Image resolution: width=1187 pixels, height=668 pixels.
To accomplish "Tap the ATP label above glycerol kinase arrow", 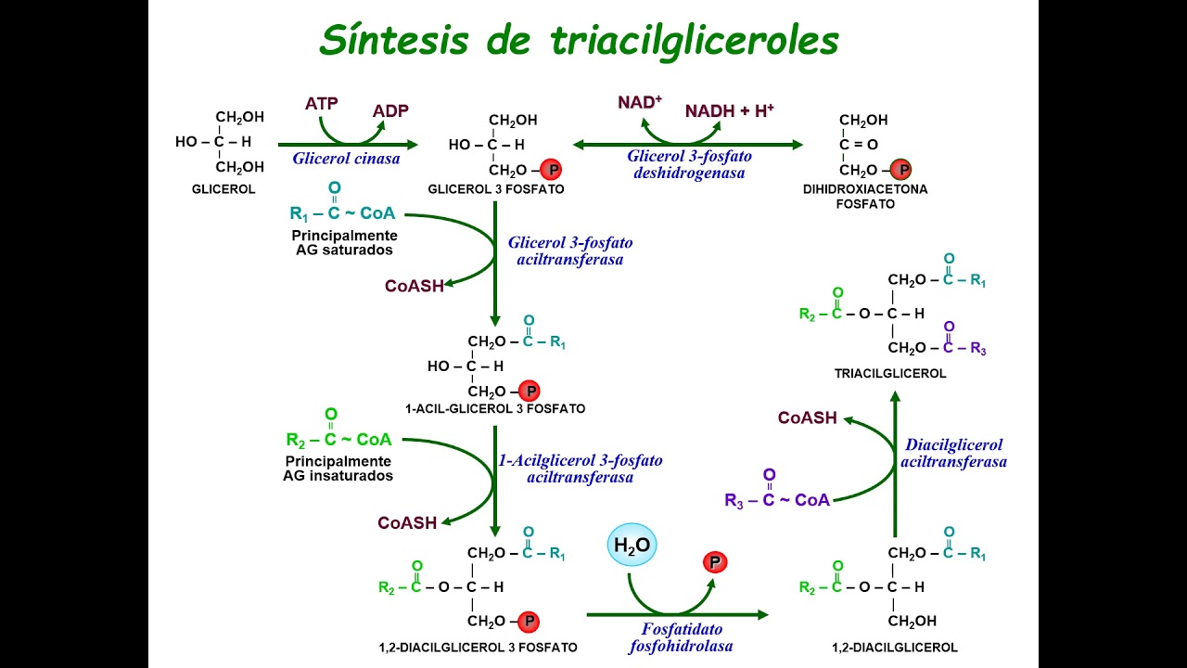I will [322, 103].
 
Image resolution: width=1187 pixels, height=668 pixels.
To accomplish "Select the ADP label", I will [390, 111].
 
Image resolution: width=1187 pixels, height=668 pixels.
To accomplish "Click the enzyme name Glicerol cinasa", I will [347, 159].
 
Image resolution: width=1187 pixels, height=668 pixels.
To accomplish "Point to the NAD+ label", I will [640, 102].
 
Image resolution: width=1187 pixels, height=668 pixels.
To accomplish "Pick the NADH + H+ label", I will [730, 111].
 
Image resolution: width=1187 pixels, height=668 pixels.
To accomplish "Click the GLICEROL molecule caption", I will [223, 189].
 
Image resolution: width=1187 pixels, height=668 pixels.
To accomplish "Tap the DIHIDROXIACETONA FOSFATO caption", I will [865, 196].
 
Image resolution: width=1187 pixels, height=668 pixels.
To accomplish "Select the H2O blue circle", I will [632, 546].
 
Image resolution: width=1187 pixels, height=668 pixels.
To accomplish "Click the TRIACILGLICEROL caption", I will [890, 374].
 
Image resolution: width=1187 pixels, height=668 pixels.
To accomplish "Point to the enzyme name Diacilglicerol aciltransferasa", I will [954, 453].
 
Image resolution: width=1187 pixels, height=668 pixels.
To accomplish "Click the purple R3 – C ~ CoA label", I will [777, 500].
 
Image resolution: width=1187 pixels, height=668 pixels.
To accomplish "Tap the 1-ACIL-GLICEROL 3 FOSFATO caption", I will [495, 408].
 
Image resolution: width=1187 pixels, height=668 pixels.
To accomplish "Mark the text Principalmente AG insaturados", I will [338, 469].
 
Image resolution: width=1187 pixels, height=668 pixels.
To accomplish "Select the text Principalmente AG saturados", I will [345, 243].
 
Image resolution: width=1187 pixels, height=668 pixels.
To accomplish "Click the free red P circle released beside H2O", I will [715, 562].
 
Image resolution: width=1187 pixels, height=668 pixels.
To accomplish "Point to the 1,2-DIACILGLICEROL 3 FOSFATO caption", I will [479, 648].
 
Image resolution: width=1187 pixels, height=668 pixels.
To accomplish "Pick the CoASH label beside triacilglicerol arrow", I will [808, 418].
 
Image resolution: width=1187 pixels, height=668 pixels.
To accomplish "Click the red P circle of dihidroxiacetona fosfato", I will [900, 171].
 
